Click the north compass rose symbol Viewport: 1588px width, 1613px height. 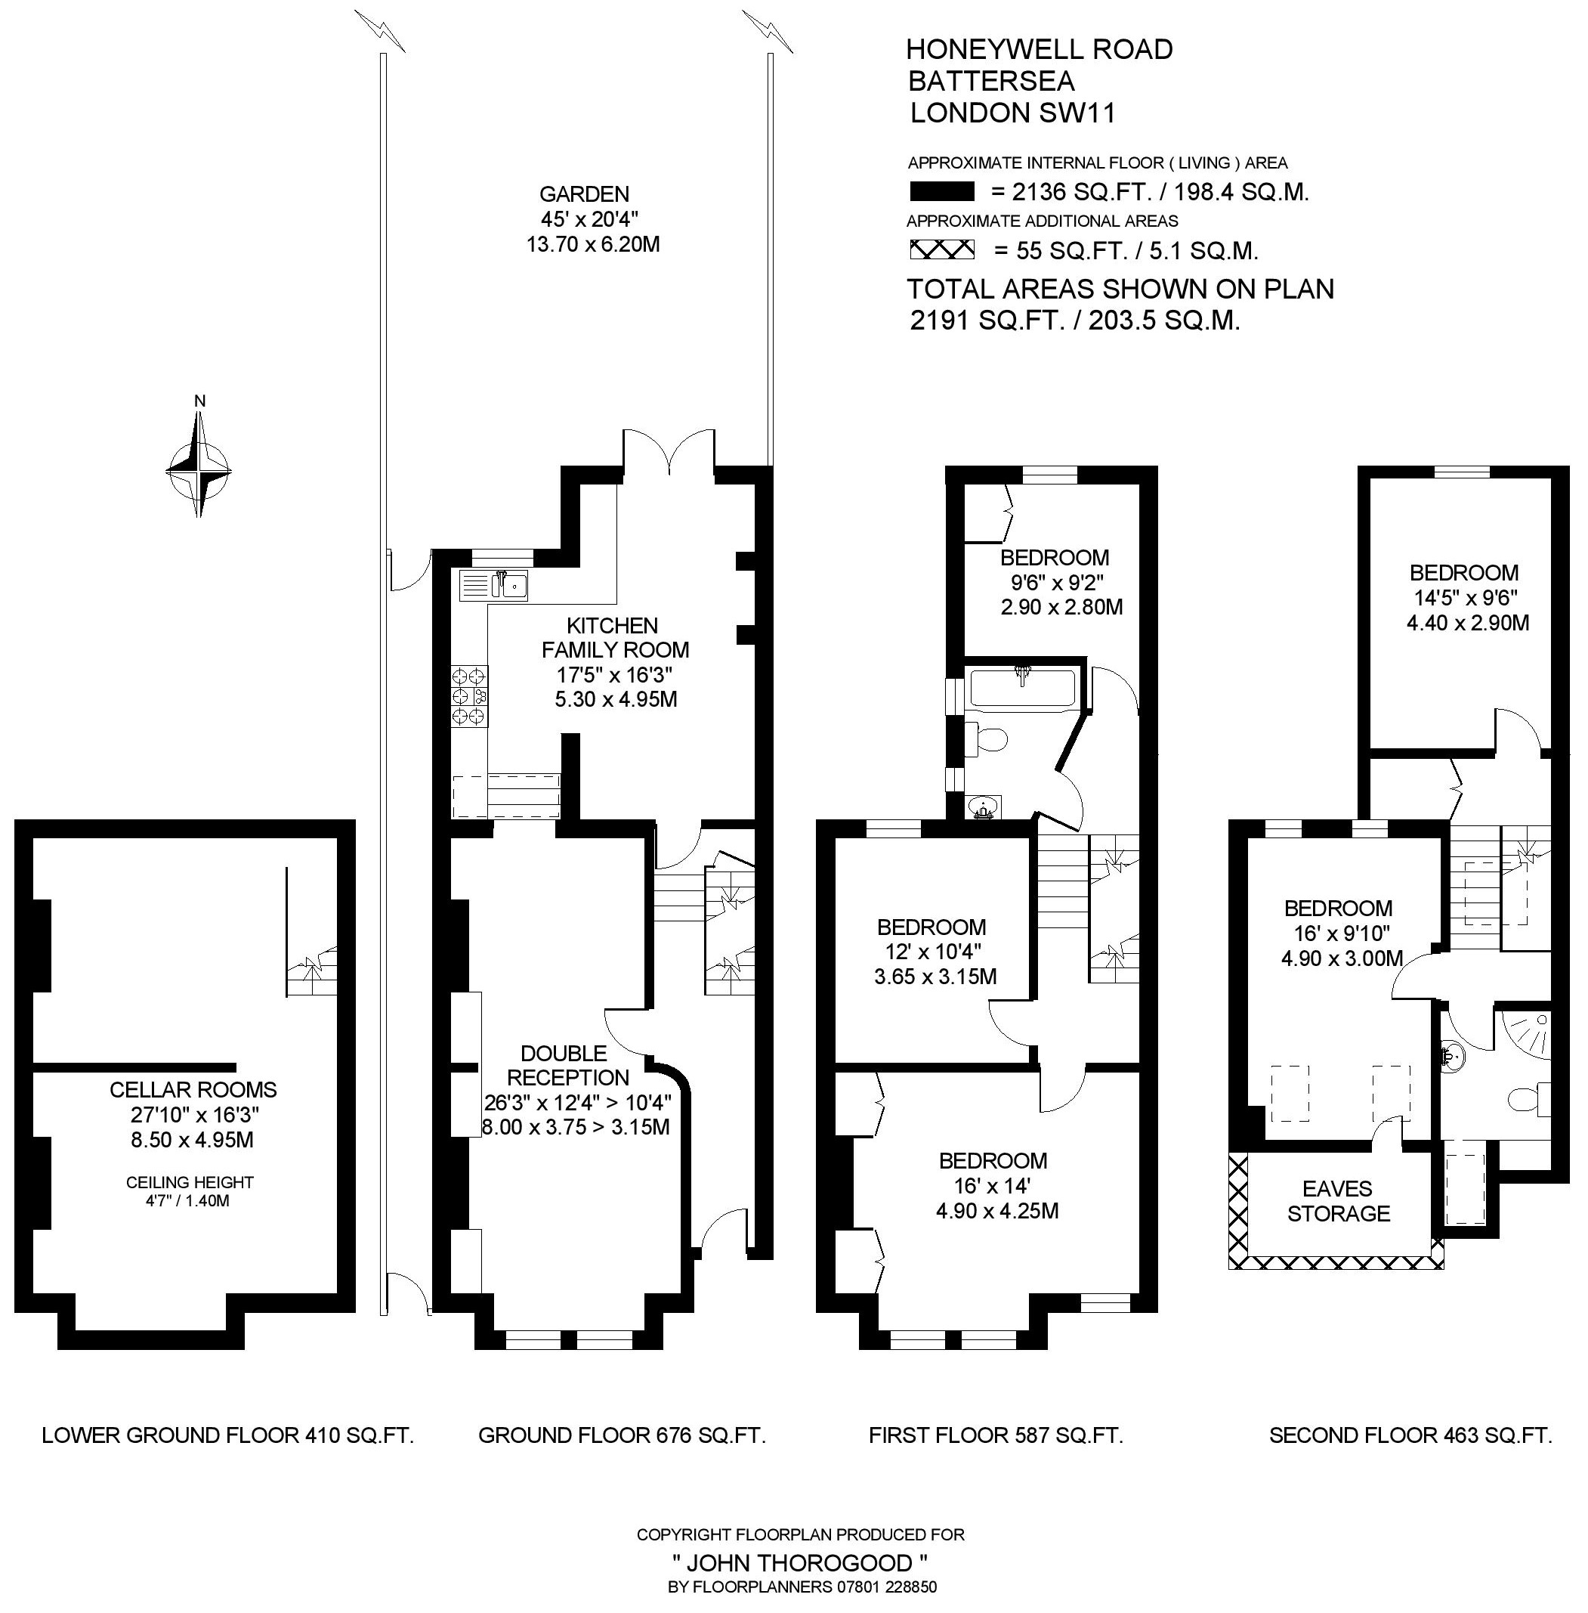pyautogui.click(x=199, y=468)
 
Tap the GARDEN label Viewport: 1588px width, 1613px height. pyautogui.click(x=584, y=194)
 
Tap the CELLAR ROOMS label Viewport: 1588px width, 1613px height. pyautogui.click(x=193, y=1089)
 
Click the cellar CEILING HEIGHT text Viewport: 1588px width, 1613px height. pyautogui.click(x=190, y=1181)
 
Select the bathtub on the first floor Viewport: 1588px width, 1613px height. pyautogui.click(x=1024, y=689)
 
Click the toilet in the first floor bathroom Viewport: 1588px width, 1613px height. pyautogui.click(x=986, y=738)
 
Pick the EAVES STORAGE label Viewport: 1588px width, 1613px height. pyautogui.click(x=1338, y=1201)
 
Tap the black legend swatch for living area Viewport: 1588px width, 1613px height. pyautogui.click(x=941, y=192)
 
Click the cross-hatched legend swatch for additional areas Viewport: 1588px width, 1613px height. pyautogui.click(x=941, y=249)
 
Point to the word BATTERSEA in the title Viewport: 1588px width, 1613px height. pyautogui.click(x=992, y=81)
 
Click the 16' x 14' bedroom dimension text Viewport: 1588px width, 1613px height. pyautogui.click(x=992, y=1185)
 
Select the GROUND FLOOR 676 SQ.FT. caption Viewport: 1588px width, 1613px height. pyautogui.click(x=623, y=1435)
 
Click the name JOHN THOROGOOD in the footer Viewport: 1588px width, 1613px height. pyautogui.click(x=800, y=1562)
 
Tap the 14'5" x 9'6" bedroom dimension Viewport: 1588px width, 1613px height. pyautogui.click(x=1465, y=597)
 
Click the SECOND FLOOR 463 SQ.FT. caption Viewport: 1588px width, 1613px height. pyautogui.click(x=1410, y=1435)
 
